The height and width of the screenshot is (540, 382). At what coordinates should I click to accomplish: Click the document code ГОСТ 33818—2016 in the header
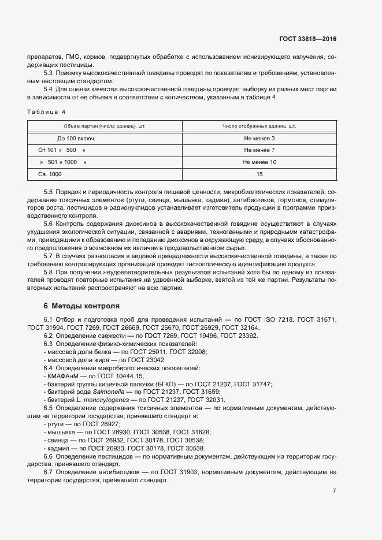[307, 39]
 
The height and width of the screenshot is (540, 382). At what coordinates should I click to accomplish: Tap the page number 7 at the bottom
[334, 491]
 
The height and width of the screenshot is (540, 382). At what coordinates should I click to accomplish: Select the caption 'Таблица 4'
[46, 111]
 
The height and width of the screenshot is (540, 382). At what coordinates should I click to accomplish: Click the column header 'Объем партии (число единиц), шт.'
[105, 126]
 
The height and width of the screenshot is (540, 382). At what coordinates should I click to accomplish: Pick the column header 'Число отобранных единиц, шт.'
[259, 126]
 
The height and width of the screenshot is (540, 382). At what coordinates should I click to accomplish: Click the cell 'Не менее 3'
[259, 139]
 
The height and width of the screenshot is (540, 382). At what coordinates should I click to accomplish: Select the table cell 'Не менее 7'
[259, 150]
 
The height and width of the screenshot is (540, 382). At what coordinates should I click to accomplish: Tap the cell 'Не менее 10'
[259, 162]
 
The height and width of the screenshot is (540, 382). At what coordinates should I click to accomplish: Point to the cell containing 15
[259, 174]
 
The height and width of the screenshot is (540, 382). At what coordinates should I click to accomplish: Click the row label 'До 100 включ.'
[76, 139]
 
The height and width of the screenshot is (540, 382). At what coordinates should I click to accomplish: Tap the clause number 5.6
[49, 223]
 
